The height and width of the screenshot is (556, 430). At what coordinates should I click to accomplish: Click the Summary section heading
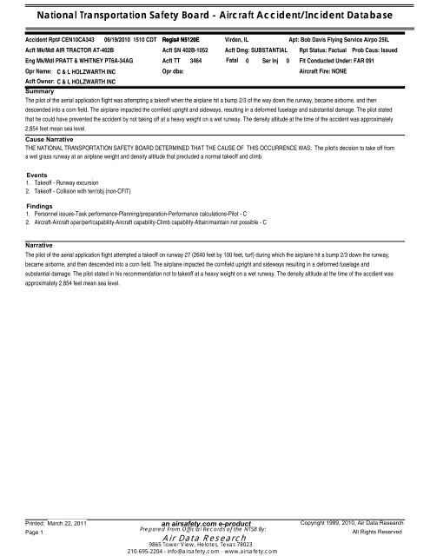pyautogui.click(x=41, y=90)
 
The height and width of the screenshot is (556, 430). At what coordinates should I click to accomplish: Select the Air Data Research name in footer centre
pyautogui.click(x=214, y=539)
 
